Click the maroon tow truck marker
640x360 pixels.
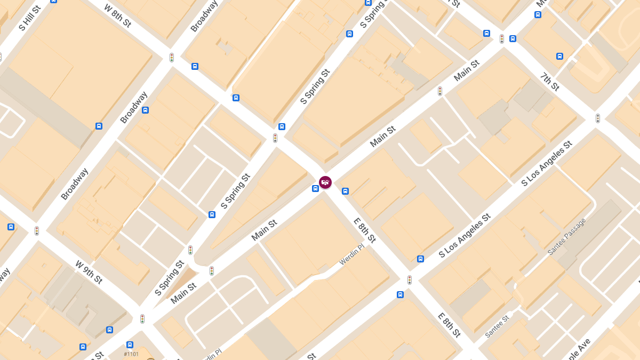pos(325,182)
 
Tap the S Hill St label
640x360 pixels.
pos(29,18)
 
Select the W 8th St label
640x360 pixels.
pos(117,15)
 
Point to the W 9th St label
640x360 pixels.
pos(89,272)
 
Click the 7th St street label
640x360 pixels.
pos(550,82)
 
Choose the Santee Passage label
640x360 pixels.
pos(567,236)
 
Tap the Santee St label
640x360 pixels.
pos(497,326)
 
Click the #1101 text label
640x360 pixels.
pos(131,354)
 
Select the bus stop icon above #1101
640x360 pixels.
pos(130,345)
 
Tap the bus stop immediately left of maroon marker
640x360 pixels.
pos(315,188)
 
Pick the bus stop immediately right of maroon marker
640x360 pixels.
pos(345,191)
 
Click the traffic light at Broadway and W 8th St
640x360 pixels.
pos(172,57)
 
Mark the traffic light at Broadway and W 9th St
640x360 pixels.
pos(37,231)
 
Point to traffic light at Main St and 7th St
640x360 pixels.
pos(502,39)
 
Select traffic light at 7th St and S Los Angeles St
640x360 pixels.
pos(598,118)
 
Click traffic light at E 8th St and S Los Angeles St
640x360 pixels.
pos(410,279)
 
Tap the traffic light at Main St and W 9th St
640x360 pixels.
pos(142,319)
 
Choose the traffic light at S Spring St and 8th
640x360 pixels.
pos(275,138)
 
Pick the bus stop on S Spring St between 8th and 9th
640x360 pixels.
pos(212,214)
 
